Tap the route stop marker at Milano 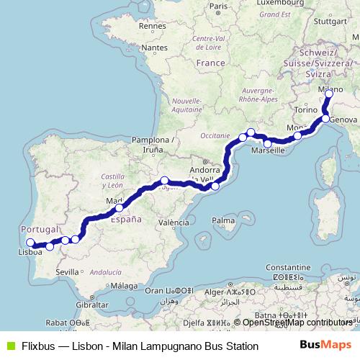329,94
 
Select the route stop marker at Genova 325,118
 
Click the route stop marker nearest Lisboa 30,243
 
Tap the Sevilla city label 67,272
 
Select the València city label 174,224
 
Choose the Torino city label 306,109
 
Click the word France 211,63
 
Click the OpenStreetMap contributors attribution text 295,323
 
